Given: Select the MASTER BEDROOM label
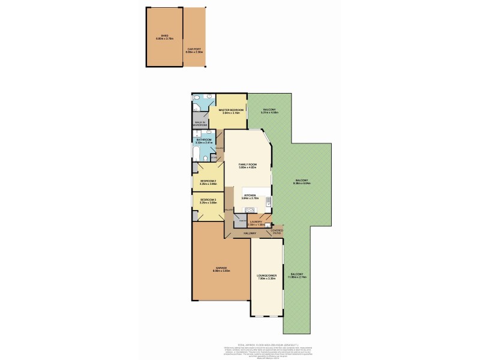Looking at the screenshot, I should coord(231,111).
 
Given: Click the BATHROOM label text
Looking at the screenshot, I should coord(204,140).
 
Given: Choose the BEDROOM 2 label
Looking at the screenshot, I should coord(208,181).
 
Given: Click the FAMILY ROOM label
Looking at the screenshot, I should coord(248,164).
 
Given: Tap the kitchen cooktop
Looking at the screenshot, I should coord(250,210).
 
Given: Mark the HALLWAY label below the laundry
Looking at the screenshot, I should coord(249,233).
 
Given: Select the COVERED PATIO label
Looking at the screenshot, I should coord(277,231).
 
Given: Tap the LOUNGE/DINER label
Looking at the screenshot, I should coord(266,277).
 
